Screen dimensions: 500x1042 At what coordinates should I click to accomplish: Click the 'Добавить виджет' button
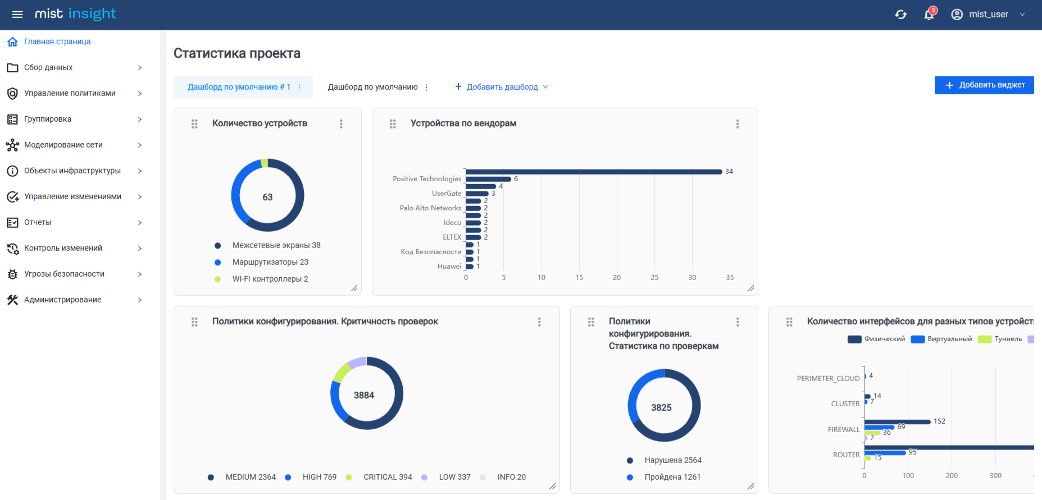pyautogui.click(x=984, y=85)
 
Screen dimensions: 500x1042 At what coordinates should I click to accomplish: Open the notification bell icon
pyautogui.click(x=929, y=15)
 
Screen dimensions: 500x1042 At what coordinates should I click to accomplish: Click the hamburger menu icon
pyautogui.click(x=17, y=15)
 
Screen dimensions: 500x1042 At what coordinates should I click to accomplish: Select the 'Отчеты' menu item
pyautogui.click(x=38, y=223)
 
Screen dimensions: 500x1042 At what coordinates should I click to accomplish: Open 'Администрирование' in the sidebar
pyautogui.click(x=62, y=300)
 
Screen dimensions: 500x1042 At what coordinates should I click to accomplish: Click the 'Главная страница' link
pyautogui.click(x=57, y=42)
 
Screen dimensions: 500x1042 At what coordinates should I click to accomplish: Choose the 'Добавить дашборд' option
pyautogui.click(x=502, y=87)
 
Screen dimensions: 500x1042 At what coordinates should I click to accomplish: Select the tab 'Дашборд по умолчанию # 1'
pyautogui.click(x=239, y=87)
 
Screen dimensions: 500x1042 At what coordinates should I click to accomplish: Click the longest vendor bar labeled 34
pyautogui.click(x=593, y=172)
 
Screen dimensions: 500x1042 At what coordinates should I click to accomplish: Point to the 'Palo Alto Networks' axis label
pyautogui.click(x=430, y=208)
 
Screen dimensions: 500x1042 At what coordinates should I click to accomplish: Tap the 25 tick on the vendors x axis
pyautogui.click(x=654, y=278)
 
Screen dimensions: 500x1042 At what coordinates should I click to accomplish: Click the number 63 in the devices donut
pyautogui.click(x=267, y=197)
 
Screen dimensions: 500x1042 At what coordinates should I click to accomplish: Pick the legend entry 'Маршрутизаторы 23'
pyautogui.click(x=270, y=262)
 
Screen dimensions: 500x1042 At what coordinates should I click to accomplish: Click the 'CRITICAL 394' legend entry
pyautogui.click(x=387, y=477)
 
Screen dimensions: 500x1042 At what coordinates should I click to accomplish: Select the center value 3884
pyautogui.click(x=364, y=395)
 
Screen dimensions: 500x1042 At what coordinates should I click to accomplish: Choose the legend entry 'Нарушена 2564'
pyautogui.click(x=672, y=460)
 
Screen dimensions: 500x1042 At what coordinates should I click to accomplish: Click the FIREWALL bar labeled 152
pyautogui.click(x=897, y=421)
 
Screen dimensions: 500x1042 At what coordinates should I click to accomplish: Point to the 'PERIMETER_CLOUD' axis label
pyautogui.click(x=828, y=379)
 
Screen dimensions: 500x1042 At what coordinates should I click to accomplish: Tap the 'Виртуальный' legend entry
pyautogui.click(x=949, y=339)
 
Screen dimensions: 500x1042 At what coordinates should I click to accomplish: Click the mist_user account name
pyautogui.click(x=988, y=15)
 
